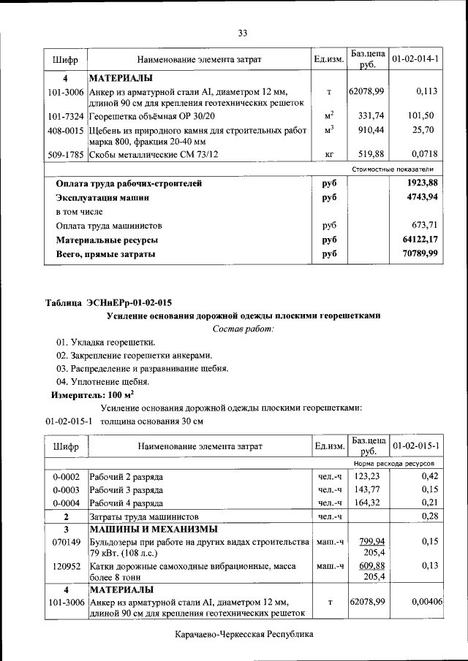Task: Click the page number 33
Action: (x=243, y=32)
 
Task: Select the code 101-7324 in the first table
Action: (x=66, y=116)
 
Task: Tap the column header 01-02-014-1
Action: (x=415, y=58)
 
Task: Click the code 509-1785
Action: (x=66, y=155)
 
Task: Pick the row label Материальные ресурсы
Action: (x=107, y=240)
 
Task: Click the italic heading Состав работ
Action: (x=243, y=329)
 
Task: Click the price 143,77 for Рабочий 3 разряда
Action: (x=369, y=489)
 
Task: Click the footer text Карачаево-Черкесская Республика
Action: (x=244, y=635)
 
